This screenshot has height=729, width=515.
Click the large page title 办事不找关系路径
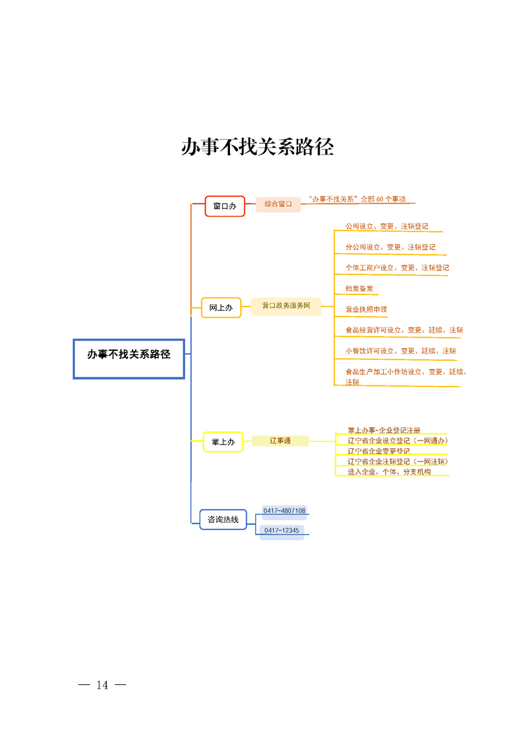(x=257, y=147)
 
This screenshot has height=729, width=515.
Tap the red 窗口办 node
(x=225, y=206)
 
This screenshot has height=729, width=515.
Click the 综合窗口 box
(x=278, y=204)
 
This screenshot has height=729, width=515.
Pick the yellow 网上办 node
(x=221, y=307)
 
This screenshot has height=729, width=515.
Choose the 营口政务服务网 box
(x=286, y=305)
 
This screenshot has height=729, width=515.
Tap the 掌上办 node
(x=223, y=442)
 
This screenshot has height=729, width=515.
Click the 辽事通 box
(x=280, y=441)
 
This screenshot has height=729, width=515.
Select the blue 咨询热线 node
(x=223, y=519)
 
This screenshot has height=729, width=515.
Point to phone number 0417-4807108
(x=284, y=511)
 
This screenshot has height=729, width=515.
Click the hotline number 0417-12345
(x=281, y=531)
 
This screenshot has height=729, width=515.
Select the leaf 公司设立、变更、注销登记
(x=386, y=226)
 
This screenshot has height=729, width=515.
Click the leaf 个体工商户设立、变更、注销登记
(x=397, y=267)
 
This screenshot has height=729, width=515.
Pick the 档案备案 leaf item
(x=359, y=288)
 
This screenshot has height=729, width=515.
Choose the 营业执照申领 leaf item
(x=366, y=309)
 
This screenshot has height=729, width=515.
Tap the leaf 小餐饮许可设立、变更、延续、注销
(x=400, y=351)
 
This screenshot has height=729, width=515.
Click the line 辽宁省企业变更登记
(x=378, y=451)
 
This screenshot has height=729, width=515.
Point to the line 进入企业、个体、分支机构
(x=388, y=472)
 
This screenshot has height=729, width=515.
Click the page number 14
(x=102, y=685)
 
